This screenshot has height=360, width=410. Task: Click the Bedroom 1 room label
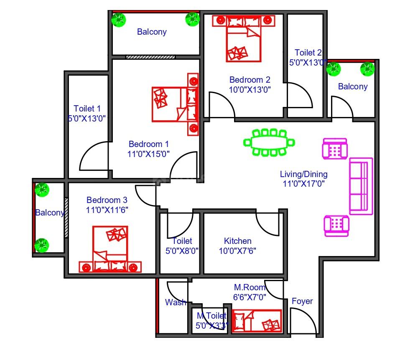pos(148,144)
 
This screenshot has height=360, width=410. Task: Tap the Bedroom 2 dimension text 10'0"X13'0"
pos(250,90)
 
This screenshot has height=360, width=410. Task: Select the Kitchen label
pos(238,241)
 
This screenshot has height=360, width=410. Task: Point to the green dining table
pos(269,143)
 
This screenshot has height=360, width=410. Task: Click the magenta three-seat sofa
pos(361,186)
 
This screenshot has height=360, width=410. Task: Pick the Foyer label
pos(302,301)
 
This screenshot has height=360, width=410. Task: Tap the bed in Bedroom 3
pos(110,249)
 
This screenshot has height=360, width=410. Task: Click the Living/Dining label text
pos(303,174)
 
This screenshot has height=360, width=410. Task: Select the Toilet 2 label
pos(308,53)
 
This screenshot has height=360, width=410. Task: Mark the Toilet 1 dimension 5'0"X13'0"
pos(87,118)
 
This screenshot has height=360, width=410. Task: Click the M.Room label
pos(250,287)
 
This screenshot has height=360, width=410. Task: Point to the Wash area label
pos(176,302)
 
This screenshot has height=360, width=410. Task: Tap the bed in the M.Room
pos(257,321)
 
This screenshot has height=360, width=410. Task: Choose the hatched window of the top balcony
pos(150,57)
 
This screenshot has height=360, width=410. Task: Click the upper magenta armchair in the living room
pos(335,149)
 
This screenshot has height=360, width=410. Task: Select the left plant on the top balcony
pos(119,20)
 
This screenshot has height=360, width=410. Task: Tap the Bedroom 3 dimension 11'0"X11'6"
pos(107,210)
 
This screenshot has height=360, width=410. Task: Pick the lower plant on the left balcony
pos(42,245)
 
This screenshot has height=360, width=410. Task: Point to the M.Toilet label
pos(211,316)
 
